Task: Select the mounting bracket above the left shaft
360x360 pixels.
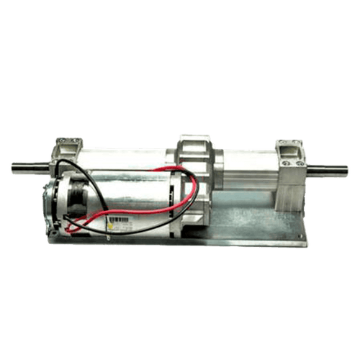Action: coord(68,146)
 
